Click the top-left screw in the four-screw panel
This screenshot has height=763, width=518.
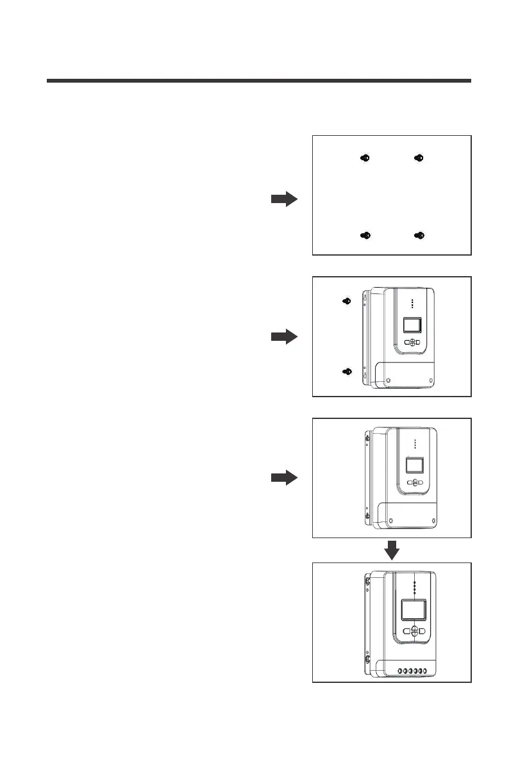364,158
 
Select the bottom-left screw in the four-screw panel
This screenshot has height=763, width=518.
364,236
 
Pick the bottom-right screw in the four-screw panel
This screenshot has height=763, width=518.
419,236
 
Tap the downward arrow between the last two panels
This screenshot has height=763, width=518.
392,550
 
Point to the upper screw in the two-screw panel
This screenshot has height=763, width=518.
346,301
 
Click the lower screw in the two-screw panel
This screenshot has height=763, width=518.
346,372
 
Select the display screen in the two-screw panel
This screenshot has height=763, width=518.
412,325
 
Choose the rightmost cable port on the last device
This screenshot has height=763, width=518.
424,671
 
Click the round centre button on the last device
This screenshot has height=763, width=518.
414,631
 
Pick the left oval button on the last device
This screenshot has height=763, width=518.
405,631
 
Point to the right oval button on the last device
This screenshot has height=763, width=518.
424,631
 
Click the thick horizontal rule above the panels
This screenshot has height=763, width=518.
259,81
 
